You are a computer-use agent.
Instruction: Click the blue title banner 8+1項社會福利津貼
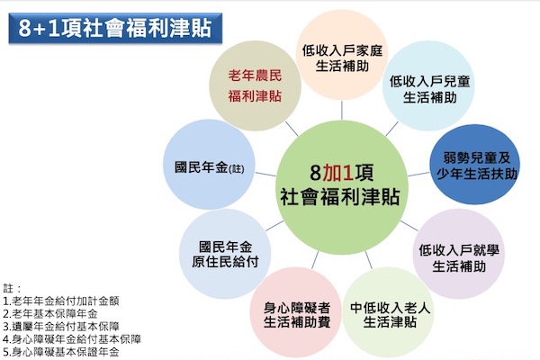click(115, 28)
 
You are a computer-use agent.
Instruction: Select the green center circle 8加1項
click(341, 187)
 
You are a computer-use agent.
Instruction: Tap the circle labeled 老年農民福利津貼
click(256, 85)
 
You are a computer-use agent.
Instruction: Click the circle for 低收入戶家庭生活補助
click(342, 55)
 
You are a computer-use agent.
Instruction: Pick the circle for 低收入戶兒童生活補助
click(428, 85)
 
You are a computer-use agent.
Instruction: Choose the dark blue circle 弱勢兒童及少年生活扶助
click(475, 165)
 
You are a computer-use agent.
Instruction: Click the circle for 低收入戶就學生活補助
click(458, 254)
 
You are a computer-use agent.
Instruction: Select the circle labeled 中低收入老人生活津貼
click(389, 312)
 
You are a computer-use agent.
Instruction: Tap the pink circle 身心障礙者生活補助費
click(296, 312)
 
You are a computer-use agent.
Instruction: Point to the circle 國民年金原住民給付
click(225, 254)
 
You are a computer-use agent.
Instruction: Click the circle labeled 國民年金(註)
click(209, 165)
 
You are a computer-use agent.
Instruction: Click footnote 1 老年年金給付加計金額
click(61, 301)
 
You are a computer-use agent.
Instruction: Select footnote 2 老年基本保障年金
click(50, 313)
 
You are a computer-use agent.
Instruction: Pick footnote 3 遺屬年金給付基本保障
click(61, 326)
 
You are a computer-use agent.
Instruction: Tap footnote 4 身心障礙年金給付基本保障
click(72, 339)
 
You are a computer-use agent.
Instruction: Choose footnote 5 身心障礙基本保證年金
click(61, 352)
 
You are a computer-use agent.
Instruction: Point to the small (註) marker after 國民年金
click(236, 169)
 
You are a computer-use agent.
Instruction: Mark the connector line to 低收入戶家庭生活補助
click(342, 110)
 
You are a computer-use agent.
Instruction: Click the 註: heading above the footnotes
click(12, 288)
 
